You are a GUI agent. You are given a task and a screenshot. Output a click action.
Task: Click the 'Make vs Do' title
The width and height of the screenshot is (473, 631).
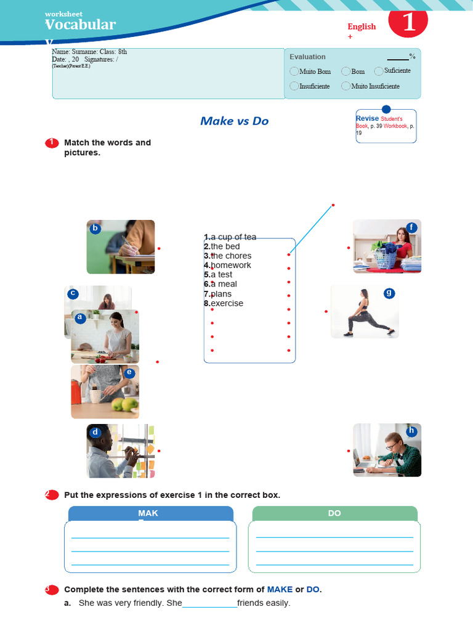pos(234,121)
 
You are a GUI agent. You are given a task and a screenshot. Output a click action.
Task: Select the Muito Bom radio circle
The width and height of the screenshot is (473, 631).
pos(294,71)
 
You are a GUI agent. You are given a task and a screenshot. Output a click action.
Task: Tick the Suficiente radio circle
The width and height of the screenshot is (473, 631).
pos(379,71)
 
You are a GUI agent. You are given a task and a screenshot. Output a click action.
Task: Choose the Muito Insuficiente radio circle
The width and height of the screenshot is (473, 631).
pos(346,86)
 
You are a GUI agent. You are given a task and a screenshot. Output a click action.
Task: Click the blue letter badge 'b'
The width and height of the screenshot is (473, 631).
pos(95,229)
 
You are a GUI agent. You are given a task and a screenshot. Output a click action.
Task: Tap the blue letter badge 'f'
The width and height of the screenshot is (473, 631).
pos(411,228)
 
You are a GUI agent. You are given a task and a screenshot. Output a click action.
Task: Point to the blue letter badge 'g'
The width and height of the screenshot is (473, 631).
pos(389,293)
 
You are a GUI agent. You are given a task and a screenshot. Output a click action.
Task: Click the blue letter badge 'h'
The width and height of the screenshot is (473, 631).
pos(411,431)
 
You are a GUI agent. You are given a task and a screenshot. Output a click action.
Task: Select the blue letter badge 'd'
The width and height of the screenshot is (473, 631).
pos(95,433)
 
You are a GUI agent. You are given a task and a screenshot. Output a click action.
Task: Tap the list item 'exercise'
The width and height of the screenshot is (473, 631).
pos(227,304)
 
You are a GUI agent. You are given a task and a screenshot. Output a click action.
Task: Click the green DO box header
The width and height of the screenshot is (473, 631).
pos(334,513)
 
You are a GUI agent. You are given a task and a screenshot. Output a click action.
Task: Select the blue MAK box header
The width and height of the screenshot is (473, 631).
pos(148,513)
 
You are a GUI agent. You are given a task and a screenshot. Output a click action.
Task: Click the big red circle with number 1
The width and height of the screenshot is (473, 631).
pos(408,22)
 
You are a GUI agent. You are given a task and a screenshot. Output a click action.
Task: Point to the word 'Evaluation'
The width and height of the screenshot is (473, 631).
pos(307,57)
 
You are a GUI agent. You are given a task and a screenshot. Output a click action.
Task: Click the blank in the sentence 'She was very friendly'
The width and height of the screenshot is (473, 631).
pos(209,603)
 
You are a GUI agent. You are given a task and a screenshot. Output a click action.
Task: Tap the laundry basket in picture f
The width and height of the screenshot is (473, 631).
pos(385,258)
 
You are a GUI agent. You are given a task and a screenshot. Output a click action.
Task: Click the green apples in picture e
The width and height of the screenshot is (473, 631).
pos(124,404)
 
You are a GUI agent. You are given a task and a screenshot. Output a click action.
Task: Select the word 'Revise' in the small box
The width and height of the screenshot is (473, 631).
pos(367,118)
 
